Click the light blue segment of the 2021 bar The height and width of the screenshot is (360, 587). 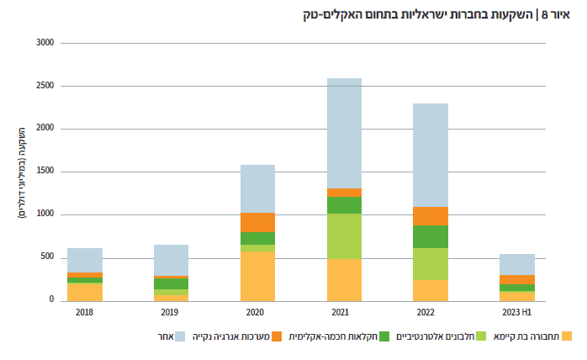(x=344, y=133)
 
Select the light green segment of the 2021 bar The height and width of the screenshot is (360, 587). (x=344, y=236)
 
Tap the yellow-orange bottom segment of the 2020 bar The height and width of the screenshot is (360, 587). (x=257, y=276)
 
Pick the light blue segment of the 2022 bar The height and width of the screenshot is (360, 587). (x=431, y=155)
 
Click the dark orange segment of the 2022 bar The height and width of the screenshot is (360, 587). (x=431, y=215)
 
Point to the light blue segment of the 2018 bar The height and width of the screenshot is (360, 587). (x=85, y=260)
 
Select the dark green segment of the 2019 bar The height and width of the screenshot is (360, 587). (x=171, y=284)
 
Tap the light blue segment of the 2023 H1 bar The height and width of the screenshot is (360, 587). (x=517, y=264)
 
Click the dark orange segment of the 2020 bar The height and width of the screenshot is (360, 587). (x=257, y=222)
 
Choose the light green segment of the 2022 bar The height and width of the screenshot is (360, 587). (x=431, y=264)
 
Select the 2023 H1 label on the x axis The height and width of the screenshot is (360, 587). (x=517, y=313)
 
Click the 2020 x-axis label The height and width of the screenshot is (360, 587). (x=257, y=313)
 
